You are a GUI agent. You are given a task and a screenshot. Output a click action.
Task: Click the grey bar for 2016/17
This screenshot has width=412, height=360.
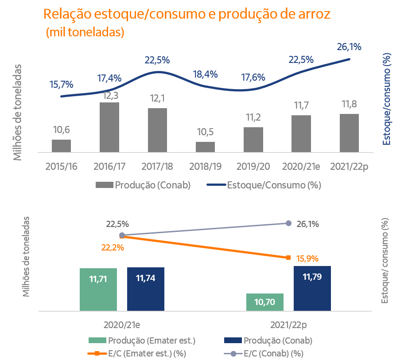[x=109, y=127]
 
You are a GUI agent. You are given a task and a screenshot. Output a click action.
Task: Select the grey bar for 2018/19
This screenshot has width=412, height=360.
[x=205, y=147]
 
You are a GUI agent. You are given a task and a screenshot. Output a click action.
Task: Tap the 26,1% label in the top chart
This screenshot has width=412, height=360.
[x=349, y=47]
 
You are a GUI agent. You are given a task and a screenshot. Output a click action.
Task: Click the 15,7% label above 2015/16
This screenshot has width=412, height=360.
[x=62, y=84]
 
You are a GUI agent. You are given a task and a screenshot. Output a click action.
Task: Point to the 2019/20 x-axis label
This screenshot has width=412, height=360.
[x=253, y=166]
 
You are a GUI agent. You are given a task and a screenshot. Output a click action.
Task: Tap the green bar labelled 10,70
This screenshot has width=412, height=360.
[x=264, y=302]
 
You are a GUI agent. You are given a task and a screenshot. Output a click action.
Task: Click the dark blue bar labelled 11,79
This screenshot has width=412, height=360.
[x=312, y=288]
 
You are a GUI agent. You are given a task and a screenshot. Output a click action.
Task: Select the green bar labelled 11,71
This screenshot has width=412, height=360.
[x=98, y=289]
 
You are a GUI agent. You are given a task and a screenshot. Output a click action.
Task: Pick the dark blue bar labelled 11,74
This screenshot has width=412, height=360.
[x=145, y=289]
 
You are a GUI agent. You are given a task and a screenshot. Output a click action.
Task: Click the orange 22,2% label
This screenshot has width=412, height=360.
[x=113, y=248]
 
